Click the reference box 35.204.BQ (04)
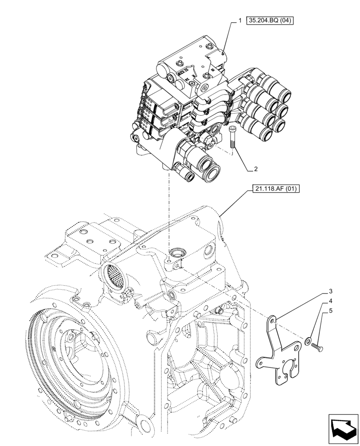270,21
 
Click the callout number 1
240,21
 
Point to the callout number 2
256,169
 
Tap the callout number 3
331,292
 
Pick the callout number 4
331,301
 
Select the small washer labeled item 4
308,342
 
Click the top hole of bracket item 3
274,320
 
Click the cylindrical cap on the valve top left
163,71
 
